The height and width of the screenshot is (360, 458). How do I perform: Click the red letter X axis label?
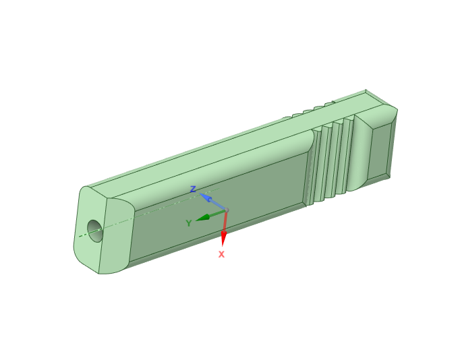tap(221, 254)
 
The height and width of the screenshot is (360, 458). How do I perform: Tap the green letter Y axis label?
tap(189, 223)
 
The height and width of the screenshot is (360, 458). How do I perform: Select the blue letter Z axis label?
tap(193, 189)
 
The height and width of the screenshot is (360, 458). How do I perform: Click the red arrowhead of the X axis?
tap(224, 239)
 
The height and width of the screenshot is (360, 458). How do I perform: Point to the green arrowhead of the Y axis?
tap(203, 218)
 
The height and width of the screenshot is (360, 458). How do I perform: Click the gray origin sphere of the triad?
tap(227, 210)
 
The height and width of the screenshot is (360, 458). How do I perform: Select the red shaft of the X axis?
tap(225, 222)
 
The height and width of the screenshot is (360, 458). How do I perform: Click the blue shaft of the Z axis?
tap(218, 205)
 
